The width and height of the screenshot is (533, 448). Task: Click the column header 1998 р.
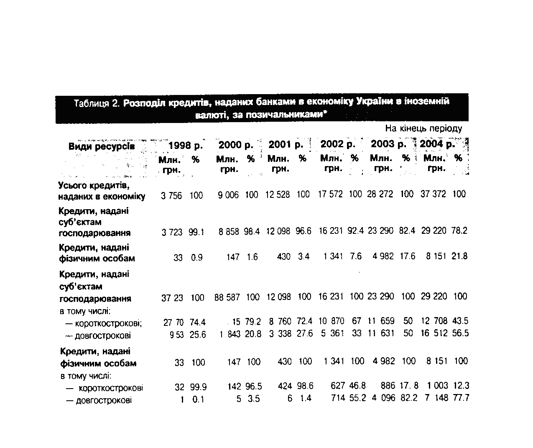point(185,146)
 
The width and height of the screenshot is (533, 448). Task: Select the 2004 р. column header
point(437,145)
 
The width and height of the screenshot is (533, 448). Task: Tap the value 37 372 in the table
point(433,194)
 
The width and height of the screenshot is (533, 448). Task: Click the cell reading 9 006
point(228,195)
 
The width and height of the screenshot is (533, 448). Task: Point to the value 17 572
point(330,194)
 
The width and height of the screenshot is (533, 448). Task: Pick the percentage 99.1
point(196,232)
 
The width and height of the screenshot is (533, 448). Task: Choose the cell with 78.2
point(459,230)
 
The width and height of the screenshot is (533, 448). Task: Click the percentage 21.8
point(459,256)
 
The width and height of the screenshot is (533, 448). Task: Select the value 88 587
point(227,297)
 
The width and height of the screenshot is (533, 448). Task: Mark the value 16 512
point(434,333)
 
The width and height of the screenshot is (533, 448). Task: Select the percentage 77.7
point(461,398)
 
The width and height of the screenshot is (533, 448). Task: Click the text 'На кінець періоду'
point(423,128)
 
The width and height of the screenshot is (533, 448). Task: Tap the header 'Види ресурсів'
point(102,146)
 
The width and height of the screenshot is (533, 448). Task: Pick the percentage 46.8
point(357,386)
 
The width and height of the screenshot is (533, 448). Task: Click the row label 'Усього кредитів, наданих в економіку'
point(102,191)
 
